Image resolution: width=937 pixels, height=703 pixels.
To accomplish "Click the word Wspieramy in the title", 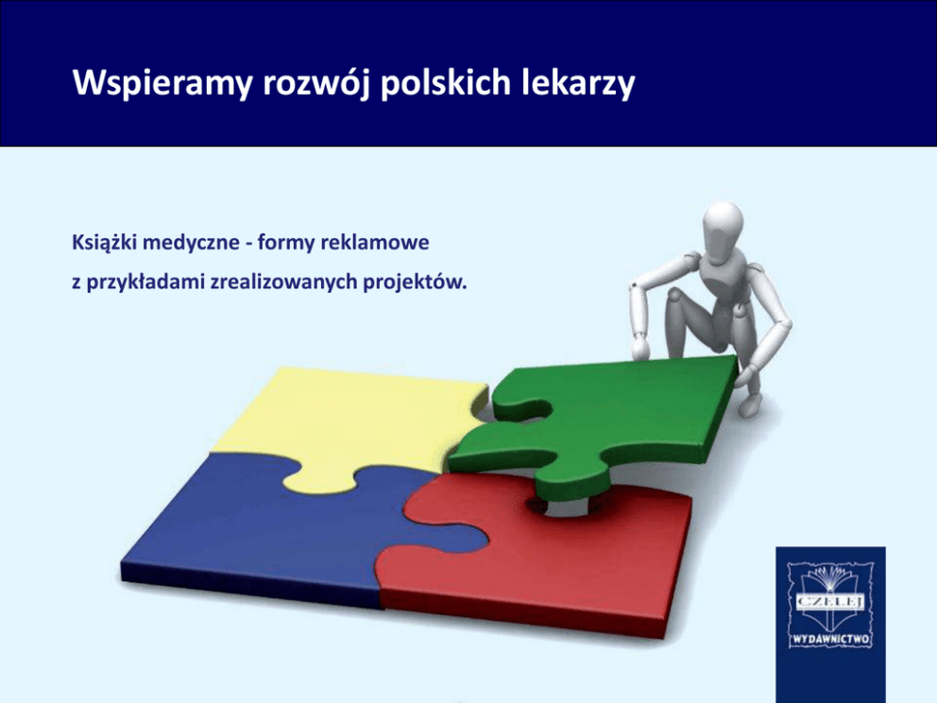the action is tap(162, 83).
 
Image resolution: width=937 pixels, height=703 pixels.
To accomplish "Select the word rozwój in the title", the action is tap(316, 83).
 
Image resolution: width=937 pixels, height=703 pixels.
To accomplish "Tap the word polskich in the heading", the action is tap(445, 82).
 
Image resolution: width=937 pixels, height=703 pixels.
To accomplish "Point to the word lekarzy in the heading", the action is tap(577, 83).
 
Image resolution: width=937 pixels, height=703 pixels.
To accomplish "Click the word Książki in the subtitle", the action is tap(104, 243).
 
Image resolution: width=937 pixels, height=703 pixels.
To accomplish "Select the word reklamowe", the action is tap(375, 242).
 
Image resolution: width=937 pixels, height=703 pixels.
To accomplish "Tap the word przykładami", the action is tap(145, 282).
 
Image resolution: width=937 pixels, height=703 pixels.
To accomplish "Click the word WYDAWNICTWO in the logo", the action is tap(830, 640).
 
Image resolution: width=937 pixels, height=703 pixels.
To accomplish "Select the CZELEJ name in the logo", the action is tap(830, 601).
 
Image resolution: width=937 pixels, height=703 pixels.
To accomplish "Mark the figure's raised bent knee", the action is tap(676, 294).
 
